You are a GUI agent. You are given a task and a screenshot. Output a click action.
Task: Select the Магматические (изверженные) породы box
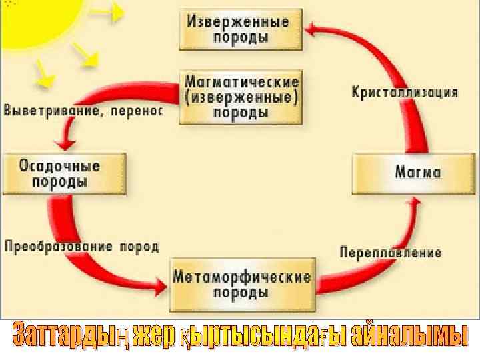point(241,97)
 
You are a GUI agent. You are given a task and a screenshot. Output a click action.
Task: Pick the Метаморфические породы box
point(241,284)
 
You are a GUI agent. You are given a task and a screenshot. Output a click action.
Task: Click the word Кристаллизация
point(405,92)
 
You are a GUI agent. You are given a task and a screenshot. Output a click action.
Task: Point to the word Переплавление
point(391,252)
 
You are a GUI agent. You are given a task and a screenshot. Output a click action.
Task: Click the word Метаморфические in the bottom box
point(241,276)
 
